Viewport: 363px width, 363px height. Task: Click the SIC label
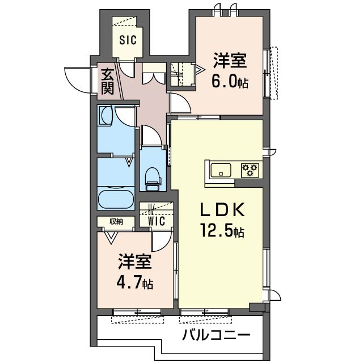point(128,40)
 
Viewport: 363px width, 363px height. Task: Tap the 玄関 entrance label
point(108,82)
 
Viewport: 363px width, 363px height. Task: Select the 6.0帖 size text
point(230,82)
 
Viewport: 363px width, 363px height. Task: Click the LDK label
point(222,210)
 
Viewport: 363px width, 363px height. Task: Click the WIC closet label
point(157,221)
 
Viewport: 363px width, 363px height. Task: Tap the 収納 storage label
point(116,222)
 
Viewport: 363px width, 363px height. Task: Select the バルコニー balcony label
point(216,335)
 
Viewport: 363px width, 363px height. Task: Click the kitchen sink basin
point(221,170)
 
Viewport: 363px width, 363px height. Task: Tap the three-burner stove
point(250,171)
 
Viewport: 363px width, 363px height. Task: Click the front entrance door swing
point(77,80)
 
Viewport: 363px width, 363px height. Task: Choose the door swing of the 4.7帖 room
point(162,242)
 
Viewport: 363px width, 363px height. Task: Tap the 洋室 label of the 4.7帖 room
point(135,261)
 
